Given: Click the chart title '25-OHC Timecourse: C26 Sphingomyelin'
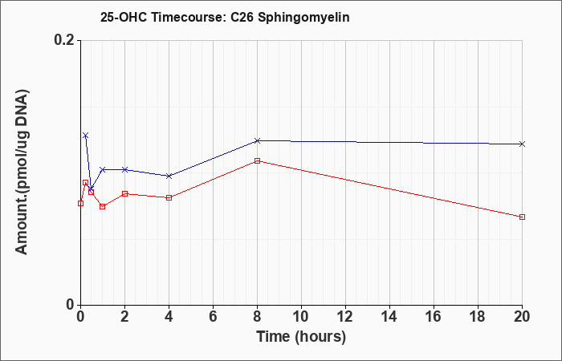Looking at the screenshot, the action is pos(225,18).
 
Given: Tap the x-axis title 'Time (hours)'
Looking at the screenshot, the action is pos(301,337).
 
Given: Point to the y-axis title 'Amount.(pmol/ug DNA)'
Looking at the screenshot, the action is pos(22,172).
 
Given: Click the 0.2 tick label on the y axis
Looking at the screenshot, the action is pos(65,40).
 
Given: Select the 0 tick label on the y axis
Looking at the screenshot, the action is pos(71,305).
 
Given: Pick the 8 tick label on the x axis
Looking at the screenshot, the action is pos(257,317).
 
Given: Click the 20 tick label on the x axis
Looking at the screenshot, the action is pos(522,317).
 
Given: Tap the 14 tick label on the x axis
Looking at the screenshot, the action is pos(389,317).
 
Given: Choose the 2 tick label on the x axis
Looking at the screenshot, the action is pos(124,317).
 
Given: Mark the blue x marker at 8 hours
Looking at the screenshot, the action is pos(258,140).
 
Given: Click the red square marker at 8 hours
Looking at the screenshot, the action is pos(258,160).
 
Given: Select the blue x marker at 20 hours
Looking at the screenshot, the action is pos(522,144).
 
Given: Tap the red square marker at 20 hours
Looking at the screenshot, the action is pos(522,217).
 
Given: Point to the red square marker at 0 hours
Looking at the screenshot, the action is pos(80,204).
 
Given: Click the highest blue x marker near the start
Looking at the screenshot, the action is pos(85,136).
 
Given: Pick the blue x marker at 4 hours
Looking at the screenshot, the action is pos(169,176).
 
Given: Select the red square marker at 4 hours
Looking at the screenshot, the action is pos(169,197).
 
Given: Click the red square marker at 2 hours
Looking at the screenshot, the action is pos(124,194).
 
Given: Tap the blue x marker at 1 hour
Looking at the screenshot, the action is pos(103,169).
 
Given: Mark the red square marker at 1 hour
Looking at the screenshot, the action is pos(103,207).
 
